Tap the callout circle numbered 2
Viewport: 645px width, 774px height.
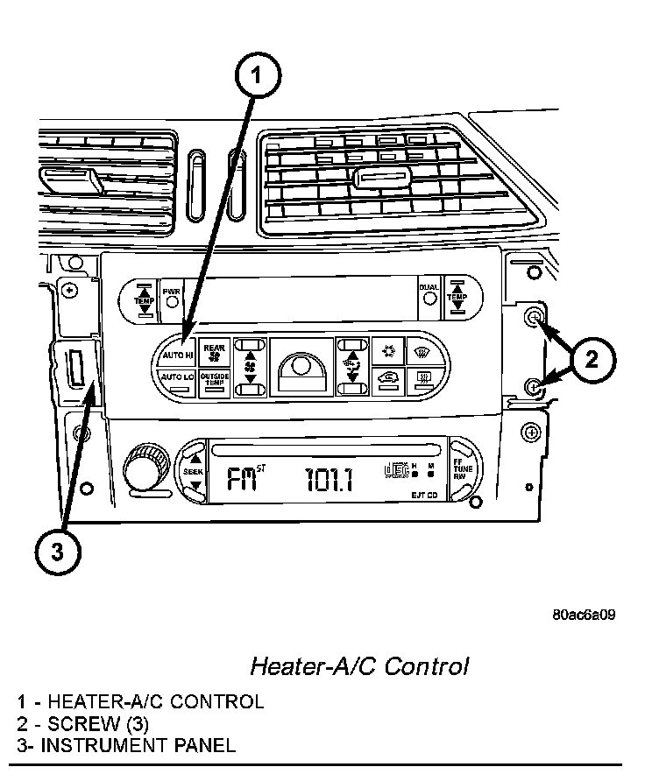pos(592,359)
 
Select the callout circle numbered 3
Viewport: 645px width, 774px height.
pos(56,551)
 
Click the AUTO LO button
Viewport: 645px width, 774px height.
pos(175,377)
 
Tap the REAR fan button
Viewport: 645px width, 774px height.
pos(214,352)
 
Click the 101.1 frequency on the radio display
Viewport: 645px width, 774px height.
pos(329,479)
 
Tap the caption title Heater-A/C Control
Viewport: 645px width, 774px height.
pos(359,666)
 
